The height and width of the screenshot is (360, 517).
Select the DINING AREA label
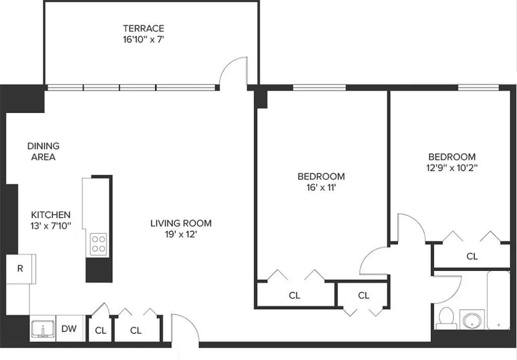pos(43,151)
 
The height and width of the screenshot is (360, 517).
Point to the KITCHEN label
pos(50,215)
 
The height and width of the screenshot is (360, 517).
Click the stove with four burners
pos(99,244)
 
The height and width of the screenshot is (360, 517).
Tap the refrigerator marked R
pos(20,269)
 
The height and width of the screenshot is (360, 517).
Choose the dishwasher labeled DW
pos(69,329)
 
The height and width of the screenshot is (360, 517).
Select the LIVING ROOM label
pos(181,223)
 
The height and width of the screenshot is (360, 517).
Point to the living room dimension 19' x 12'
pos(181,234)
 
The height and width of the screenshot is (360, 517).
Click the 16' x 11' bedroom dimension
pos(321,187)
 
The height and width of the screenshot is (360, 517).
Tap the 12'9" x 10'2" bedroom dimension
pos(452,168)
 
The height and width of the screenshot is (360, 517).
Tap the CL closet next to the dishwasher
pos(100,330)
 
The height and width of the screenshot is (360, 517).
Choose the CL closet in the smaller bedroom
pos(472,256)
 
